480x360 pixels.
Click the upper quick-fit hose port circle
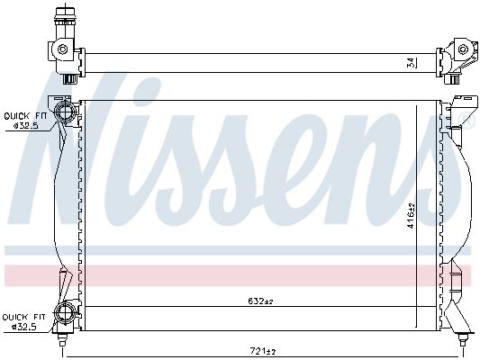tap(65, 112)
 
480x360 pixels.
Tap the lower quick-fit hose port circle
tap(65, 314)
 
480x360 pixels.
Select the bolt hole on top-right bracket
tap(463, 49)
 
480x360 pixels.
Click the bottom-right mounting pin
tap(463, 340)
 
